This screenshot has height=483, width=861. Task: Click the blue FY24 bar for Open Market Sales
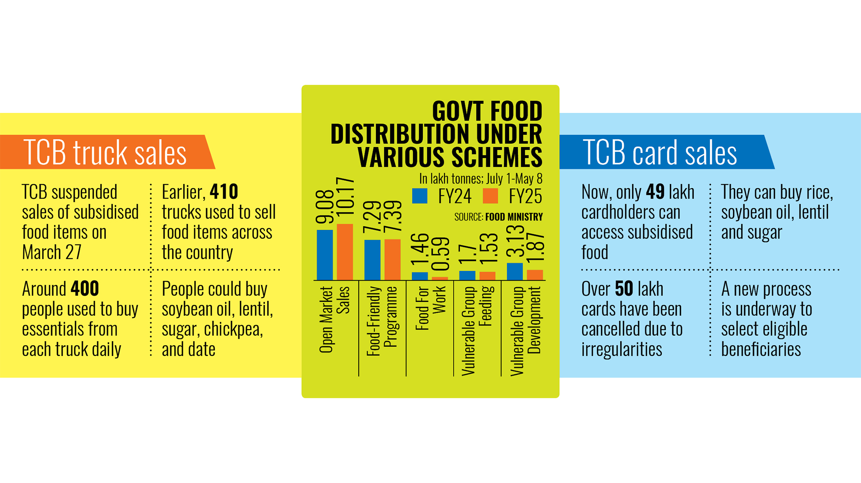(x=325, y=255)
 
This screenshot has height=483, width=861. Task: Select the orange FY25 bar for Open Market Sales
(x=345, y=252)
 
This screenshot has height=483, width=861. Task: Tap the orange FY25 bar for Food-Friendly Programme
(x=392, y=260)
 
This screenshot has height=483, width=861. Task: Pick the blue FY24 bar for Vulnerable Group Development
(x=515, y=271)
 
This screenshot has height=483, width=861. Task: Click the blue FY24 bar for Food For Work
(x=419, y=276)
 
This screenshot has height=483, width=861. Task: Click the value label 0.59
(x=441, y=254)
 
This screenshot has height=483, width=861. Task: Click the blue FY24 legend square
(x=419, y=196)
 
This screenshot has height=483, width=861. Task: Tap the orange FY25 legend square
(x=490, y=196)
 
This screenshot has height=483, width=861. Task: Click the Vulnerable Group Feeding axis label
(x=477, y=330)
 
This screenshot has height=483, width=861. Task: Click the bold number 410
(x=223, y=191)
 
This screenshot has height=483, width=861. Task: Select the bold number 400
(x=84, y=289)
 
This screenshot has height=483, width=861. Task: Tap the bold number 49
(x=655, y=191)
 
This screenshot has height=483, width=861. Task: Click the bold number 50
(x=624, y=289)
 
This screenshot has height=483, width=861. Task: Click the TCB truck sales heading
(x=105, y=152)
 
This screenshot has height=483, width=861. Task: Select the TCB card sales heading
(x=659, y=152)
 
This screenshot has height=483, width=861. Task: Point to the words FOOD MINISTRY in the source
(x=514, y=217)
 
